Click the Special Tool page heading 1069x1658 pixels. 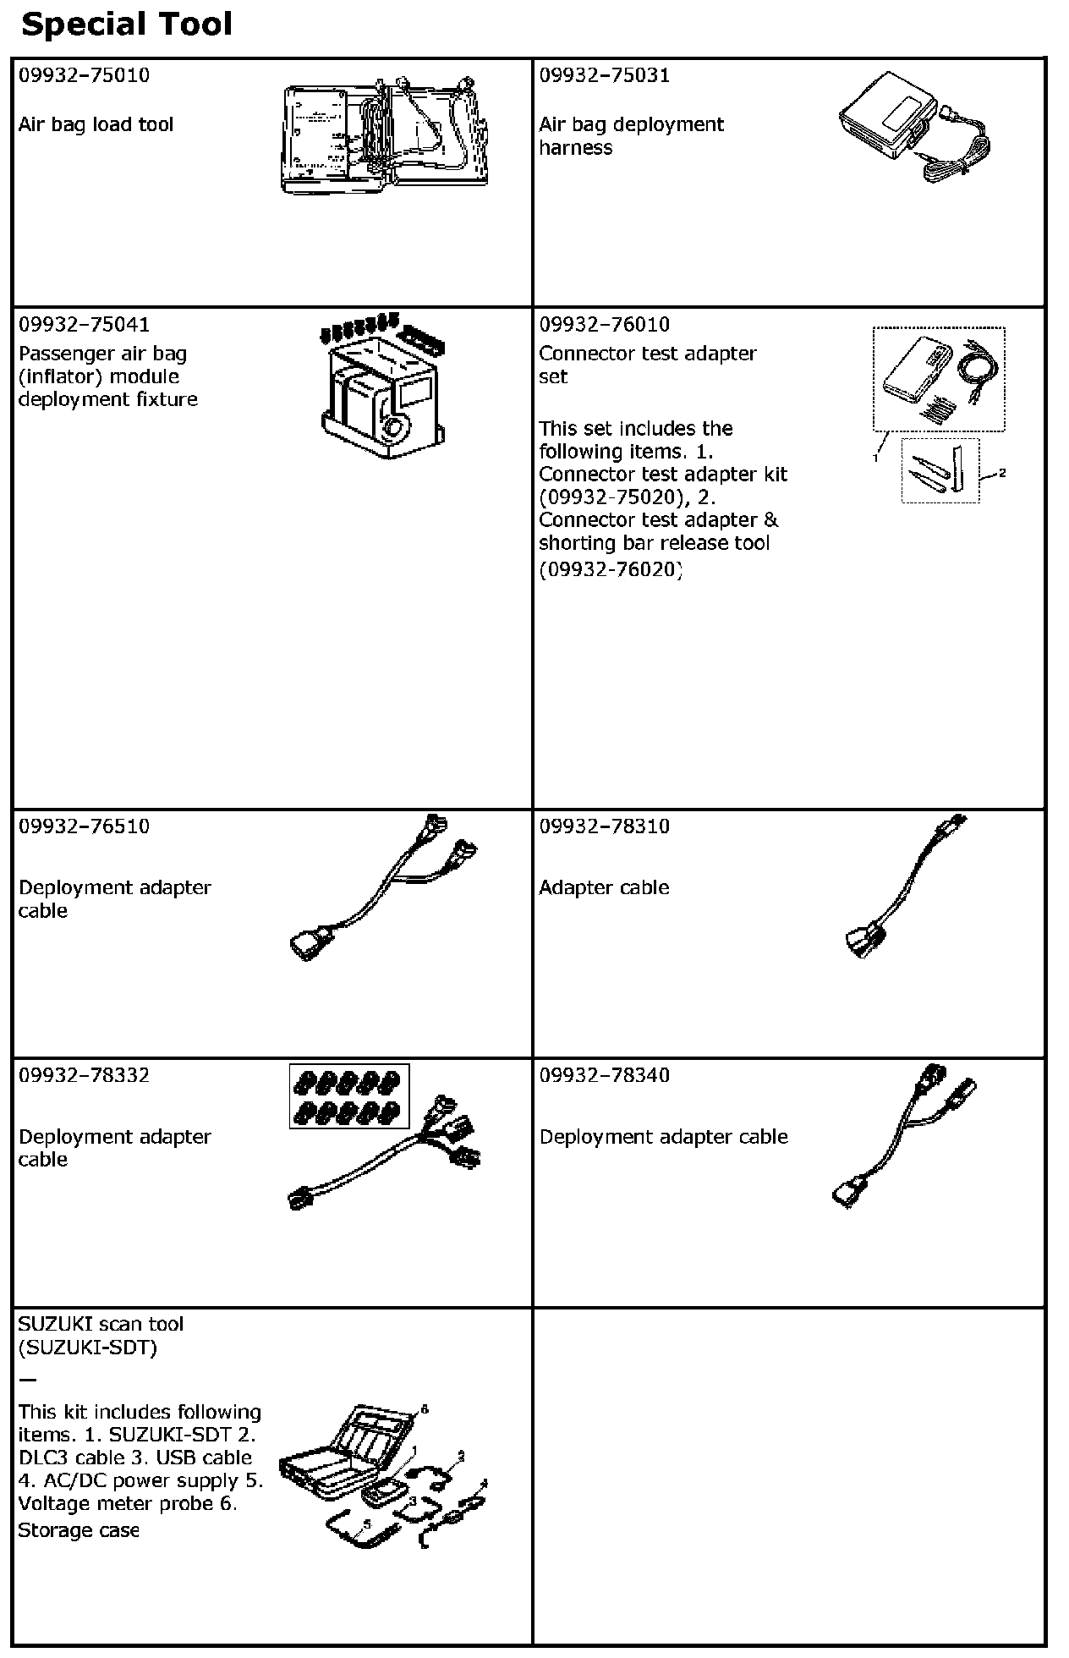[126, 25]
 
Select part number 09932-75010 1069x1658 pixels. [84, 75]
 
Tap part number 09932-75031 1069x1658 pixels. [605, 75]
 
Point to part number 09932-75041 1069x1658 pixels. [84, 324]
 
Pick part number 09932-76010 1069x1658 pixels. [605, 324]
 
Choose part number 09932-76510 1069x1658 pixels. [84, 826]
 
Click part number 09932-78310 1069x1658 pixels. [605, 826]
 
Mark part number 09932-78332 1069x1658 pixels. [84, 1075]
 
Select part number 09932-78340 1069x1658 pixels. [605, 1075]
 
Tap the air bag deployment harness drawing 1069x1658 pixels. [913, 125]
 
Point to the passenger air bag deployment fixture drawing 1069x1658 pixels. [385, 385]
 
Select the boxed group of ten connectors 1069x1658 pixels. [349, 1095]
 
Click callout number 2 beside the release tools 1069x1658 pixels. [1002, 473]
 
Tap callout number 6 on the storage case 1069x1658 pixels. [425, 1409]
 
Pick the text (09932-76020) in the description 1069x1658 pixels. [611, 568]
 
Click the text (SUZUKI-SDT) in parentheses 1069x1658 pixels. [88, 1348]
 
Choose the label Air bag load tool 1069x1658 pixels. [96, 124]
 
